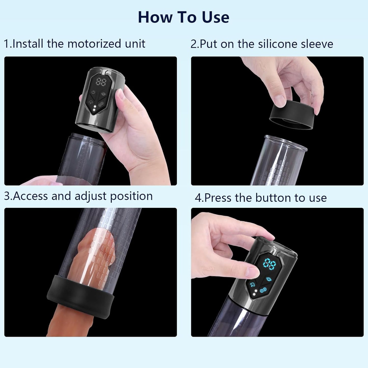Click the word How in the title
155,17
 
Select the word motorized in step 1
94,44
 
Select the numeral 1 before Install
6,44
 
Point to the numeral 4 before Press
198,198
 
